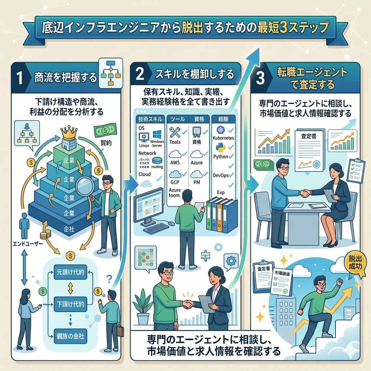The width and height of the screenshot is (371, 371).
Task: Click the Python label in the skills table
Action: [221, 157]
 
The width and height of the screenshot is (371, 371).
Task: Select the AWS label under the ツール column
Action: [175, 163]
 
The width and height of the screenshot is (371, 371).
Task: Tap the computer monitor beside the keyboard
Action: [149, 204]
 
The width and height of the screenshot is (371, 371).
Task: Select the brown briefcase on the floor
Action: [120, 331]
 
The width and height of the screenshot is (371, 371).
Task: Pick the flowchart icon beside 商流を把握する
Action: [111, 73]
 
